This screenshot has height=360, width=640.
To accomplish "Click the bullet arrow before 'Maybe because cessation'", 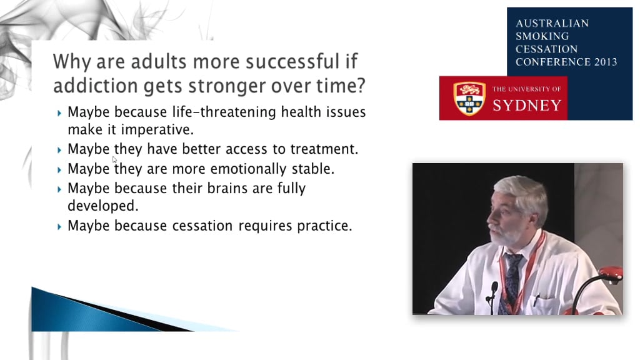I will click(59, 226).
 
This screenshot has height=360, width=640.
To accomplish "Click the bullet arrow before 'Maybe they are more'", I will click(59, 170).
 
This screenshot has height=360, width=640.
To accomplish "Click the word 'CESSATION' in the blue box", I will click(546, 49).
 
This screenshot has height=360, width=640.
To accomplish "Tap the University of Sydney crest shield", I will click(469, 98).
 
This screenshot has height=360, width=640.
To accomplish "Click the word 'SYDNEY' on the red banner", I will click(526, 105).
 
